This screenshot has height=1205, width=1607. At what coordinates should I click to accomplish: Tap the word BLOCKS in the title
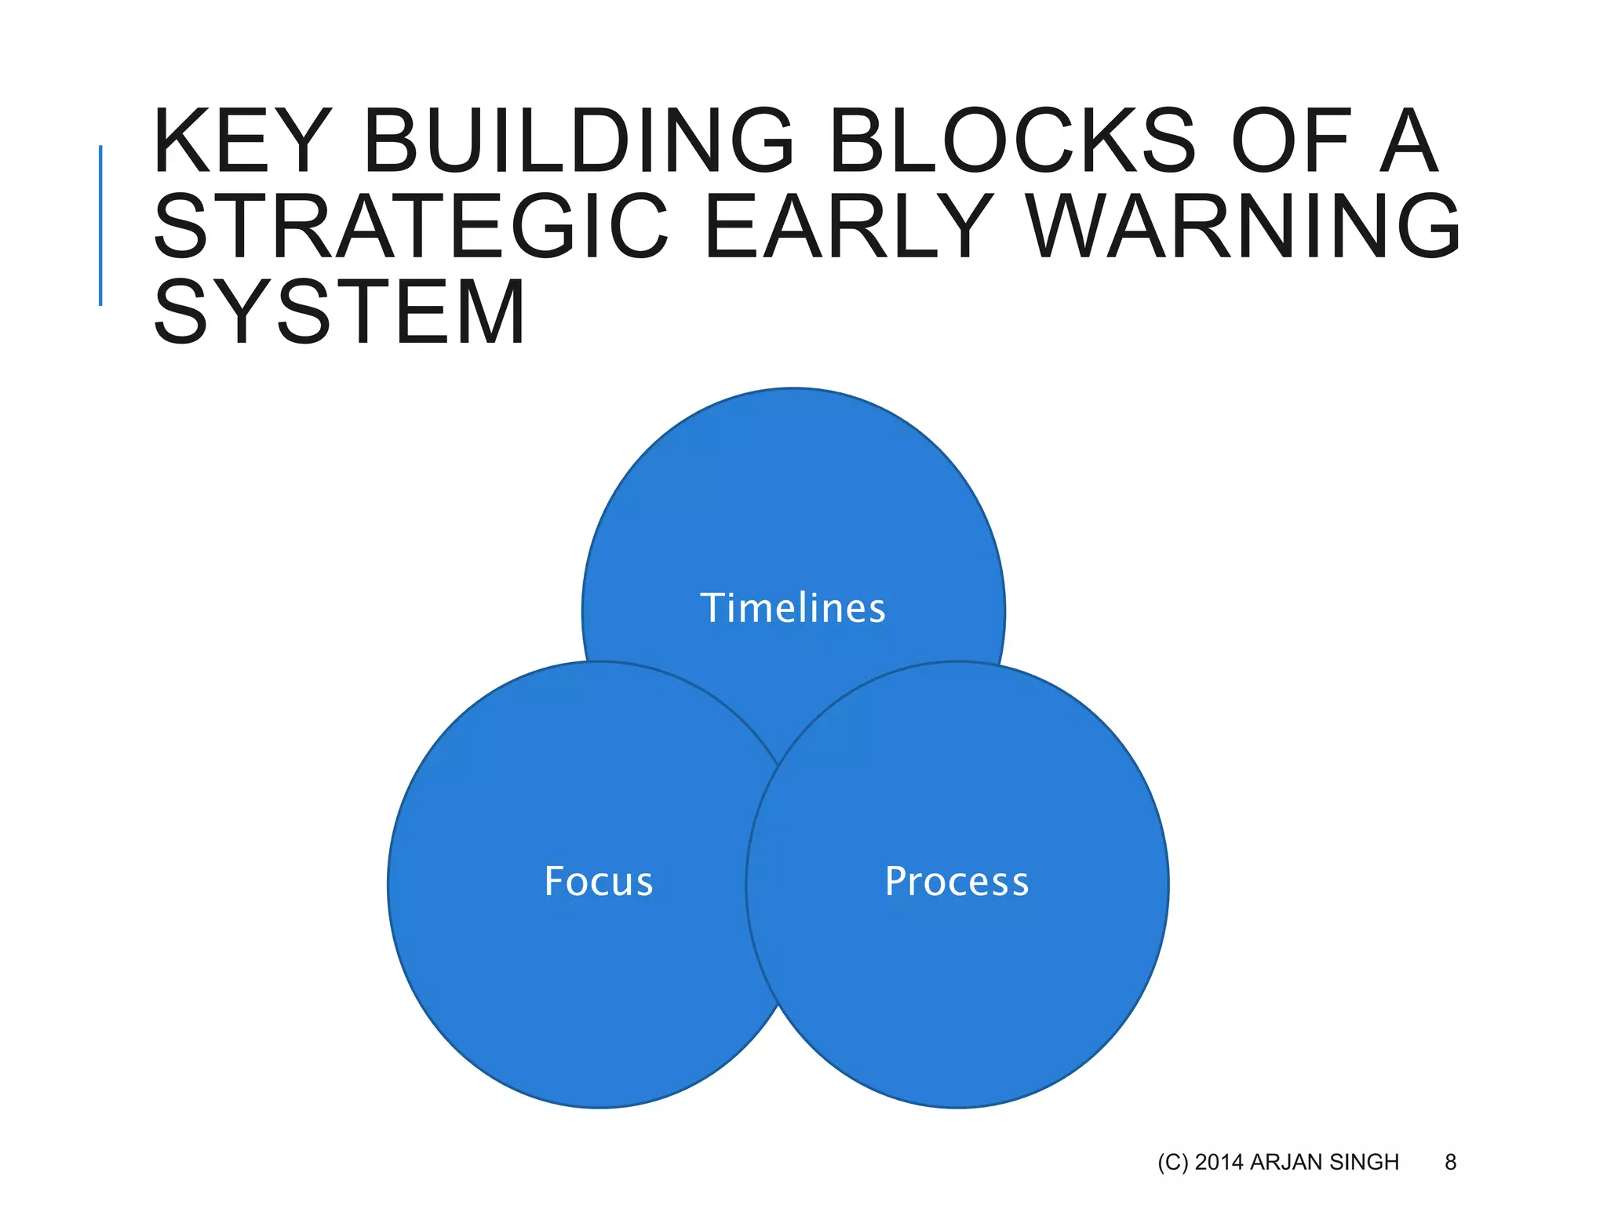[x=1011, y=142]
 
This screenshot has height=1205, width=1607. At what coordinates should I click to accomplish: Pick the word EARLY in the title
[x=848, y=228]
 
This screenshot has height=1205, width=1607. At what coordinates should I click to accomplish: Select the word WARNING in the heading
[x=1244, y=228]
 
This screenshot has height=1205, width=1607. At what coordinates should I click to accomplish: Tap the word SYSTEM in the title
[x=339, y=312]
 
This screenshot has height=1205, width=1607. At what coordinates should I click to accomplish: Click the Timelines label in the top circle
[x=793, y=609]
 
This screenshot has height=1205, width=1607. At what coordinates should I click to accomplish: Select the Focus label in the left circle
[x=599, y=882]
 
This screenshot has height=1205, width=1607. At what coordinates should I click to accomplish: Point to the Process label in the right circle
[x=957, y=882]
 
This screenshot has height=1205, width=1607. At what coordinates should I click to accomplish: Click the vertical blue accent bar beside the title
[x=100, y=225]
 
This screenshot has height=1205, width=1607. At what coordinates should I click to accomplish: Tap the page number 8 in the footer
[x=1450, y=1162]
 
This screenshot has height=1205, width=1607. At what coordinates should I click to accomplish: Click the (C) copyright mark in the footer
[x=1173, y=1162]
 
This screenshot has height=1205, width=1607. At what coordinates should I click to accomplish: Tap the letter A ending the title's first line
[x=1408, y=142]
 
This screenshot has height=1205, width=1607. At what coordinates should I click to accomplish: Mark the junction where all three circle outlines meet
[x=778, y=766]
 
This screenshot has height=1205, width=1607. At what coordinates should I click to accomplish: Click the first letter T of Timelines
[x=712, y=608]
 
